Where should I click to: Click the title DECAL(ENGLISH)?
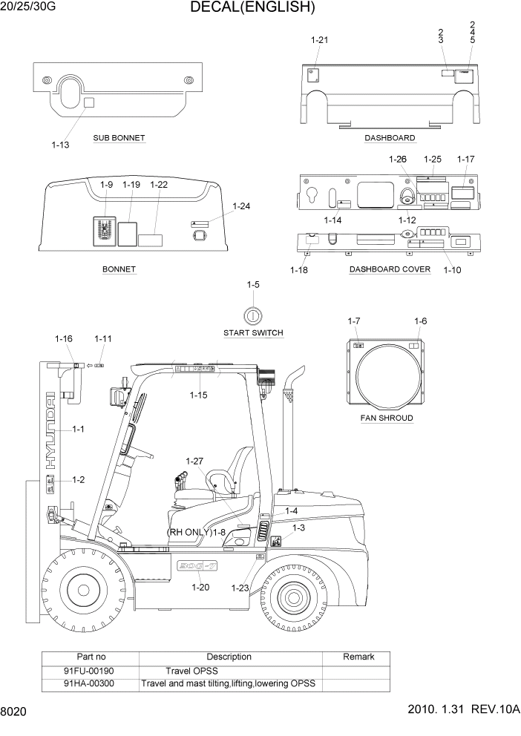[x=252, y=8]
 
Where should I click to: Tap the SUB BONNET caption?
[x=119, y=138]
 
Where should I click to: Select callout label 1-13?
[x=60, y=145]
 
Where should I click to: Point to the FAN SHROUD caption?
[x=387, y=418]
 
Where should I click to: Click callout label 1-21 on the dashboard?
[x=318, y=40]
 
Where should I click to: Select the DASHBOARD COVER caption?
[x=390, y=269]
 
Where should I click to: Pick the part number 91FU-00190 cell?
[x=89, y=670]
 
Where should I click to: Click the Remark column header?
[x=358, y=657]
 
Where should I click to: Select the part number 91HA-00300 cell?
[x=89, y=683]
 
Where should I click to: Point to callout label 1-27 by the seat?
[x=194, y=461]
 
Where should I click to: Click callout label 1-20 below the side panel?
[x=200, y=587]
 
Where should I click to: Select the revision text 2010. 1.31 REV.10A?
[x=464, y=709]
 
